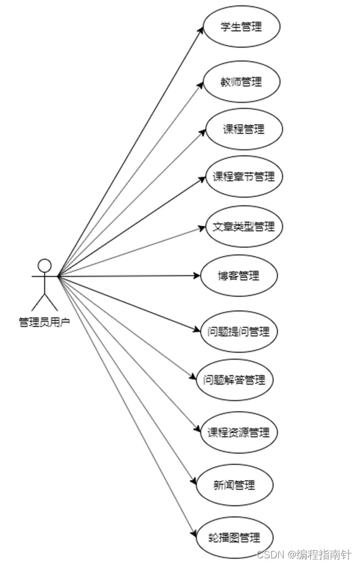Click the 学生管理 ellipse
[241, 27]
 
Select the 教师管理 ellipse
[241, 82]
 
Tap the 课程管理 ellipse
[243, 129]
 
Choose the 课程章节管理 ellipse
[243, 177]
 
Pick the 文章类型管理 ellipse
[243, 226]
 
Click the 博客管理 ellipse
[239, 275]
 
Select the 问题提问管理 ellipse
[239, 332]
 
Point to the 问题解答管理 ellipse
[235, 380]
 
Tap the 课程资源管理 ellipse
[239, 432]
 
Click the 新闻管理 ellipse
[235, 485]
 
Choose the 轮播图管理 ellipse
[235, 537]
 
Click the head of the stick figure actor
[45, 265]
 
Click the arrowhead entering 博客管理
[197, 275]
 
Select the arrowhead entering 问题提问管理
[197, 331]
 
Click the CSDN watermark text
[304, 554]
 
